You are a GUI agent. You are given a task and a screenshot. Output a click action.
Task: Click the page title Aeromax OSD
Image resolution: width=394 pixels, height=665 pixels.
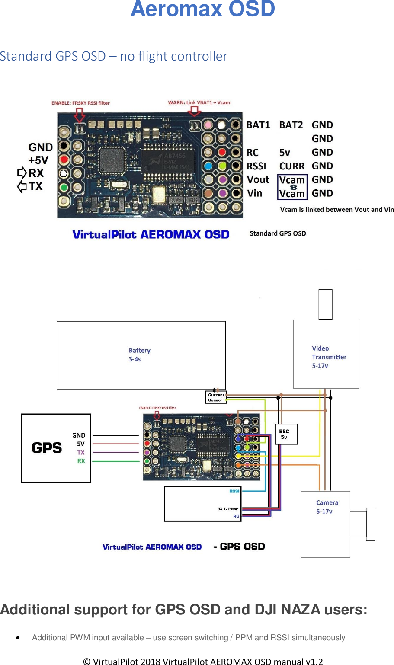click(x=203, y=9)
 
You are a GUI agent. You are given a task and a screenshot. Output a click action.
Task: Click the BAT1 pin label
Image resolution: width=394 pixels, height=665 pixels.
click(x=258, y=125)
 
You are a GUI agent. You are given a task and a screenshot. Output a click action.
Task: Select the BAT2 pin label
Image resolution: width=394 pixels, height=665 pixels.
click(x=291, y=125)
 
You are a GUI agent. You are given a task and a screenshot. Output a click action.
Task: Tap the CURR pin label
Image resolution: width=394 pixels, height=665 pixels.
click(x=292, y=166)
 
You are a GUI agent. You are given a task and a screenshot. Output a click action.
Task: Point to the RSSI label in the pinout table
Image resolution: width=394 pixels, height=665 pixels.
click(x=256, y=166)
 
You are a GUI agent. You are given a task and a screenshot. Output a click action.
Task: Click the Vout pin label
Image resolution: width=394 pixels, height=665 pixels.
click(x=258, y=180)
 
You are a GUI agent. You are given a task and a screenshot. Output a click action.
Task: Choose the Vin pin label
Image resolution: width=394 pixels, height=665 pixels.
click(x=255, y=193)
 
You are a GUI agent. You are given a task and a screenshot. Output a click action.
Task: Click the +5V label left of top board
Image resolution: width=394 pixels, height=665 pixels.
click(x=38, y=160)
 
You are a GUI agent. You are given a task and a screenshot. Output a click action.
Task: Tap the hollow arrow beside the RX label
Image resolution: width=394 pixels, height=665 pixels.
click(x=22, y=173)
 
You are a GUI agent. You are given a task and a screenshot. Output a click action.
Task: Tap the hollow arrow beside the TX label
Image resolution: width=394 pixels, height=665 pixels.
click(x=22, y=187)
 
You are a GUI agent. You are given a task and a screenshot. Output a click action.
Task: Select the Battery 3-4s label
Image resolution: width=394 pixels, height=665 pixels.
click(x=139, y=355)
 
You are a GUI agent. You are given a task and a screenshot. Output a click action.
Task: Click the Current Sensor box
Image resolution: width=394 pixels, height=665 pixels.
click(x=216, y=397)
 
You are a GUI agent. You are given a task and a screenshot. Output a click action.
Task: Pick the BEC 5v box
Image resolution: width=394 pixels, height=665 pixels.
click(x=286, y=434)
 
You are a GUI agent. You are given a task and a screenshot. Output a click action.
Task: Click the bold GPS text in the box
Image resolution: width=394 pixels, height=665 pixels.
click(x=47, y=448)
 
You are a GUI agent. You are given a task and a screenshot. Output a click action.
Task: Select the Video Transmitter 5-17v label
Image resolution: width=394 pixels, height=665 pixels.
click(x=329, y=357)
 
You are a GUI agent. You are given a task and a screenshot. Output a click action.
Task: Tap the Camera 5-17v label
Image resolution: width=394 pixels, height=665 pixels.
click(x=327, y=507)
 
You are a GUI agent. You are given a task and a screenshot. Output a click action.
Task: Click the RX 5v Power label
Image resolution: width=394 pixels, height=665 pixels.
click(x=227, y=509)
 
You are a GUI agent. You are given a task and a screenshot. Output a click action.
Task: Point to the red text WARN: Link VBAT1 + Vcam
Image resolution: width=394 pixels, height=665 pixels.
click(x=199, y=102)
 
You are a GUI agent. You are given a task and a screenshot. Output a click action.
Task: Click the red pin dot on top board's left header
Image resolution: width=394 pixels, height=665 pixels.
click(x=64, y=160)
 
